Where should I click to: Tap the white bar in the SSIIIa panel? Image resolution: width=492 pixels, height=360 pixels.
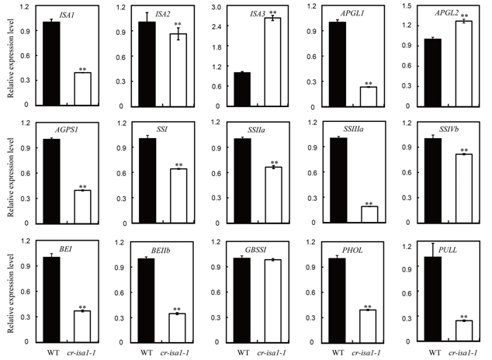(366, 215)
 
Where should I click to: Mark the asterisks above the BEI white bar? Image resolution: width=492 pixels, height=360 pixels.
(81, 305)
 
